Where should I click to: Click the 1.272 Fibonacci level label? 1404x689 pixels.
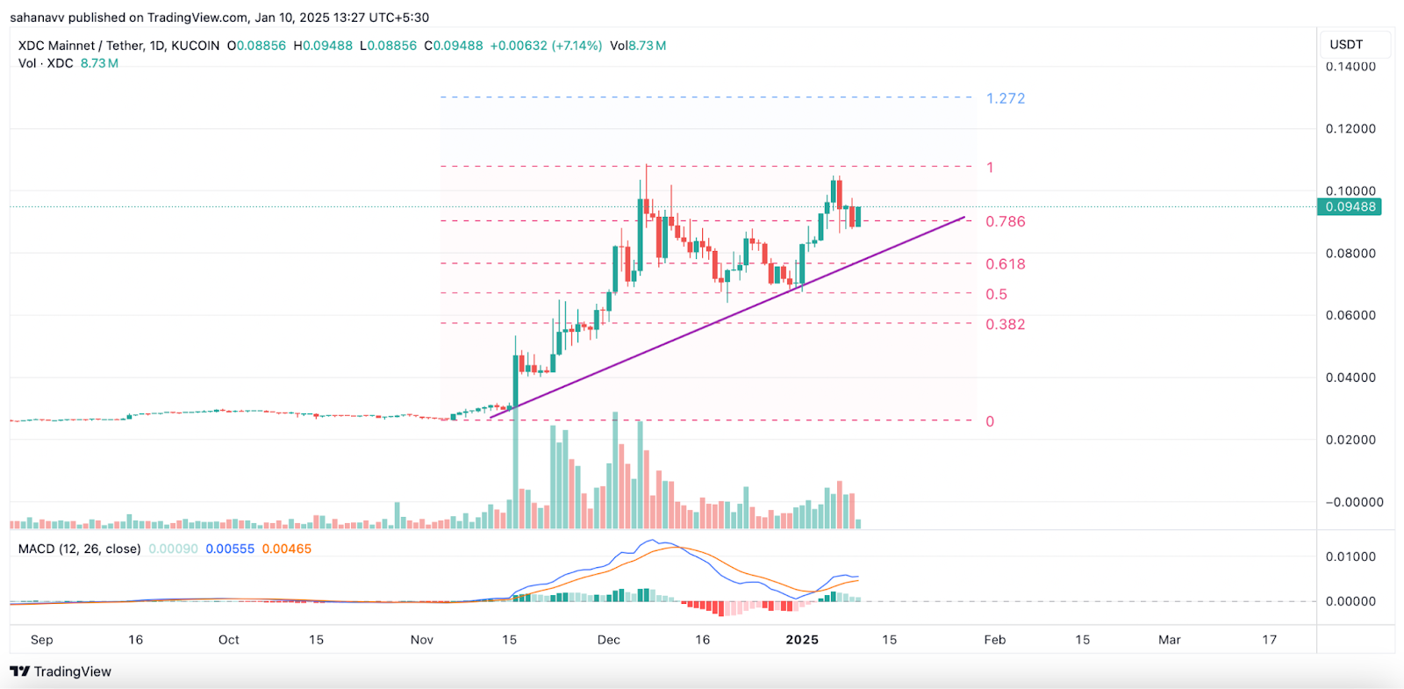[1005, 98]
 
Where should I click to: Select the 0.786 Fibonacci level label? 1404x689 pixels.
[1005, 221]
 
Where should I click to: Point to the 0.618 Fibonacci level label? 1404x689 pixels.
[1005, 264]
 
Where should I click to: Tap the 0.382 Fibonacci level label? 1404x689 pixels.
[1005, 325]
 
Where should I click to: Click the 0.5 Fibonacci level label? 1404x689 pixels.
[996, 295]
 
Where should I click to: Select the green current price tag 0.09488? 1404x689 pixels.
[1350, 207]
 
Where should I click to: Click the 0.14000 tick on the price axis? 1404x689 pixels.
[1350, 67]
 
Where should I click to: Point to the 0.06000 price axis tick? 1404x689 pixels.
[1350, 315]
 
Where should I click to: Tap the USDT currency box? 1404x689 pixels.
[1346, 45]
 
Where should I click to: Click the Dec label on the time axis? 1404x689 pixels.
[608, 640]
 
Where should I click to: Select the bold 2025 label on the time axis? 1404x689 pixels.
[802, 640]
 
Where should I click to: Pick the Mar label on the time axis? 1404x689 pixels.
[1169, 640]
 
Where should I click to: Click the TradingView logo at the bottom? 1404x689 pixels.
[61, 671]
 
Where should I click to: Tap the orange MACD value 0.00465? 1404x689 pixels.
[286, 549]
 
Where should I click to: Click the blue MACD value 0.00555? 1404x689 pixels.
[230, 549]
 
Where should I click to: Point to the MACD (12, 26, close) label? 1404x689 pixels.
[79, 549]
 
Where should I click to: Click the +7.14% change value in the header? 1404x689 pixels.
[577, 46]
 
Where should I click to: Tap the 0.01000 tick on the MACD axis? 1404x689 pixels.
[1350, 556]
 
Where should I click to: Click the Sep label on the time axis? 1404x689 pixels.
[41, 640]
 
